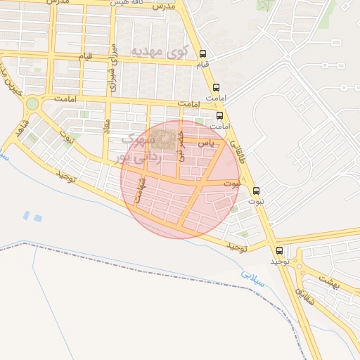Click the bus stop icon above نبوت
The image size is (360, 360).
(x=256, y=191)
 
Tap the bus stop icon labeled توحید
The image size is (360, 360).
(x=280, y=250)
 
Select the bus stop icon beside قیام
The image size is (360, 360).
(x=203, y=53)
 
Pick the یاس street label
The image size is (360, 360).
(x=205, y=143)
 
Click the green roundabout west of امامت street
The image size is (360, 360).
(x=31, y=105)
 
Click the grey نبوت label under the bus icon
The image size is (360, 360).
(x=256, y=201)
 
